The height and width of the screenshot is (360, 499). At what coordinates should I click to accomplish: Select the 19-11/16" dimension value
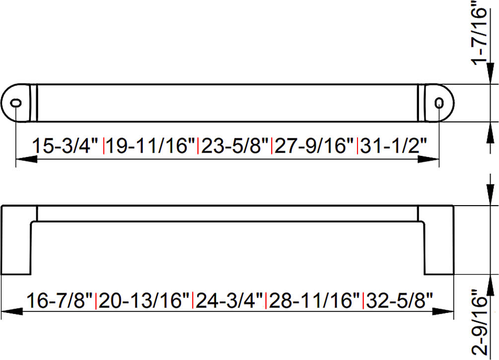[150, 146]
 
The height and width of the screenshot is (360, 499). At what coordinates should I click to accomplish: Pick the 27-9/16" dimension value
[314, 146]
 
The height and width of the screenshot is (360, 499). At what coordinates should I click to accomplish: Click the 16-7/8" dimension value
[60, 300]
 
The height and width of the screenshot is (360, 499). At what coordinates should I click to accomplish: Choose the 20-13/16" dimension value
[144, 300]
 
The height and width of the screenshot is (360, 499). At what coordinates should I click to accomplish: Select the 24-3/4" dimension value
[229, 300]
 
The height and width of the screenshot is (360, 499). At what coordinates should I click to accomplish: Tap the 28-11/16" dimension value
[314, 300]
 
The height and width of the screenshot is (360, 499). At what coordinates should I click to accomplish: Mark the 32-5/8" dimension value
[399, 300]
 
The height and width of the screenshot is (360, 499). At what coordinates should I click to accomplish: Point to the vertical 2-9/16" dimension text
[480, 322]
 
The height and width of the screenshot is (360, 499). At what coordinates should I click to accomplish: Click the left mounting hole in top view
[16, 103]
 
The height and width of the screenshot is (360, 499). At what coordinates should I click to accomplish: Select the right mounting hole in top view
[439, 103]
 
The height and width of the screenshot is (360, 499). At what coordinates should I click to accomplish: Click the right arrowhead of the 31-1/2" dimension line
[428, 159]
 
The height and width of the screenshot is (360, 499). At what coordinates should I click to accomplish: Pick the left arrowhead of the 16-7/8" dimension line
[12, 311]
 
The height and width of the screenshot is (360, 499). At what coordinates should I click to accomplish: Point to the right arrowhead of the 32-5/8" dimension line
[443, 311]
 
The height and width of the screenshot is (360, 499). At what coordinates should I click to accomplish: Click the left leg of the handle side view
[16, 240]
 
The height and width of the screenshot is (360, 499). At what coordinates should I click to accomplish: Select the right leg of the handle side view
[438, 240]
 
